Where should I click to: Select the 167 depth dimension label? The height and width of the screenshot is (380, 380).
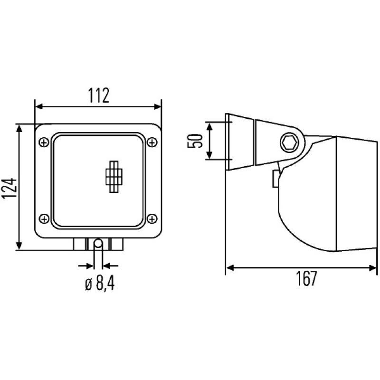point(307,279)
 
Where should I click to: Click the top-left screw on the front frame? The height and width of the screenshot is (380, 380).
point(44,142)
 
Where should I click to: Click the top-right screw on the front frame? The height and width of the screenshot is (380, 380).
point(152,142)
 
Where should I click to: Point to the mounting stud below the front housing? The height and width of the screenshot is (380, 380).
point(98,244)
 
